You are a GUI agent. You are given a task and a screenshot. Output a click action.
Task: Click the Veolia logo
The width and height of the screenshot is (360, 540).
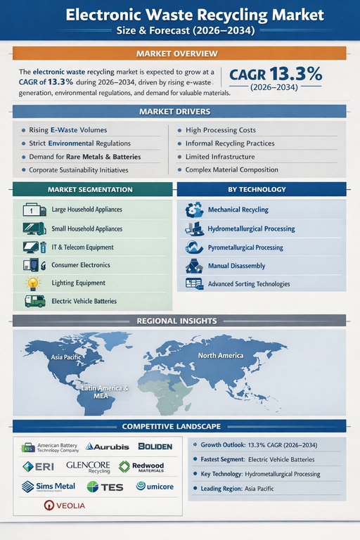[60, 505]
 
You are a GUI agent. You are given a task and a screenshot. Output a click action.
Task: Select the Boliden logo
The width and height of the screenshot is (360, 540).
[155, 446]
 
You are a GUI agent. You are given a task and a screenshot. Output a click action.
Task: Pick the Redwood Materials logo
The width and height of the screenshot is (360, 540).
[143, 466]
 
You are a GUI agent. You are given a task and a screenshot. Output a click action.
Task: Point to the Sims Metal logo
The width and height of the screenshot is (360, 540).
[48, 486]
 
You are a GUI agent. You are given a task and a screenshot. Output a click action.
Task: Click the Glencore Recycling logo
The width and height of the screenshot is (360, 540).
[88, 466]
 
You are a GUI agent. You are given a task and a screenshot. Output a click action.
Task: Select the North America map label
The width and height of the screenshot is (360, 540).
[221, 355]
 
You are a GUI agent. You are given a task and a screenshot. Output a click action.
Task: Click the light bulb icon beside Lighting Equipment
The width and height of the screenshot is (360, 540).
[32, 283]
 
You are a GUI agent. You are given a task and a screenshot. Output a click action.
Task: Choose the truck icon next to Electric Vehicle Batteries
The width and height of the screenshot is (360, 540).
[33, 301]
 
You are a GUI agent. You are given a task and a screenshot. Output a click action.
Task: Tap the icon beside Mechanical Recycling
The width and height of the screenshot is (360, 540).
[194, 210]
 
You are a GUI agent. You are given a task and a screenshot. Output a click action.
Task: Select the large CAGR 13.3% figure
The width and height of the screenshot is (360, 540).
[276, 74]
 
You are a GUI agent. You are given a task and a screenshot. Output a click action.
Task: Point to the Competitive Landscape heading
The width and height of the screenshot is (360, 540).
[181, 426]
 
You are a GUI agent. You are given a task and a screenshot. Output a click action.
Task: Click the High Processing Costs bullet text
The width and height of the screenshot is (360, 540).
[221, 130]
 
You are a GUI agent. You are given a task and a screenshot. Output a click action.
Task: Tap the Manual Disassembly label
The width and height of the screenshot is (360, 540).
[236, 266]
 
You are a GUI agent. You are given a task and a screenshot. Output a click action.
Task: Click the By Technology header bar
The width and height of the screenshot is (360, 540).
[261, 189]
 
